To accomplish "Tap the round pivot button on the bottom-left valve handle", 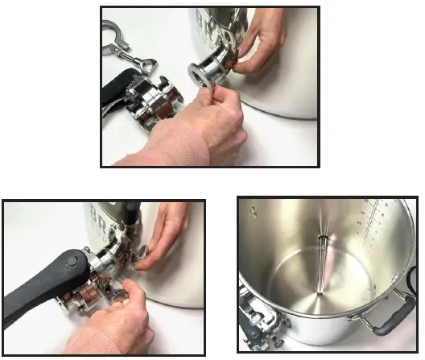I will tap(71, 259).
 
